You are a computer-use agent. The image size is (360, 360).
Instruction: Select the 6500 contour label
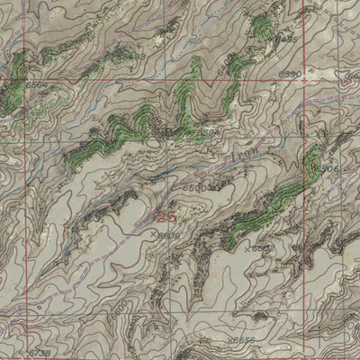195,186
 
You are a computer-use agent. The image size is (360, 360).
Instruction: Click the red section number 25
166,216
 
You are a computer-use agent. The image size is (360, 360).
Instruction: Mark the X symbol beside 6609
155,234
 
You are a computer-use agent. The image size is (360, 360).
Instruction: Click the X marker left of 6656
229,341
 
